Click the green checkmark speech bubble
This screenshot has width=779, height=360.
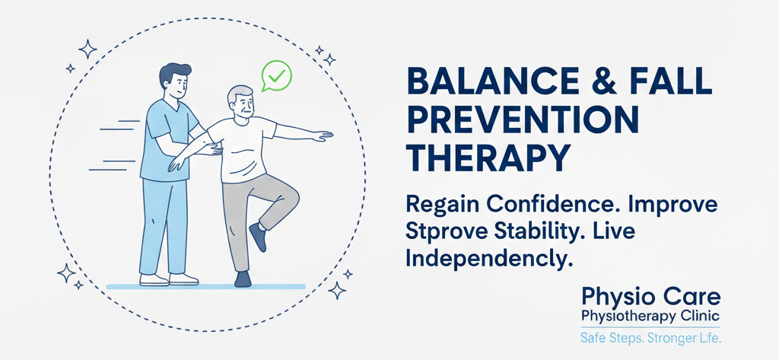[x=277, y=75]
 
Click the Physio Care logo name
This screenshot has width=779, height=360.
[x=650, y=298]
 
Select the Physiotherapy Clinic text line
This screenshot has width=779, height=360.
[x=650, y=317]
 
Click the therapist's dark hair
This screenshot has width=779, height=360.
[x=174, y=74]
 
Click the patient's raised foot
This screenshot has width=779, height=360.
[x=259, y=236]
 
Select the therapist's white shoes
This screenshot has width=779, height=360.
[x=168, y=279]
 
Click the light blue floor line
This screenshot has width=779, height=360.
[x=205, y=286]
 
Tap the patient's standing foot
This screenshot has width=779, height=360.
[x=243, y=279]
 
